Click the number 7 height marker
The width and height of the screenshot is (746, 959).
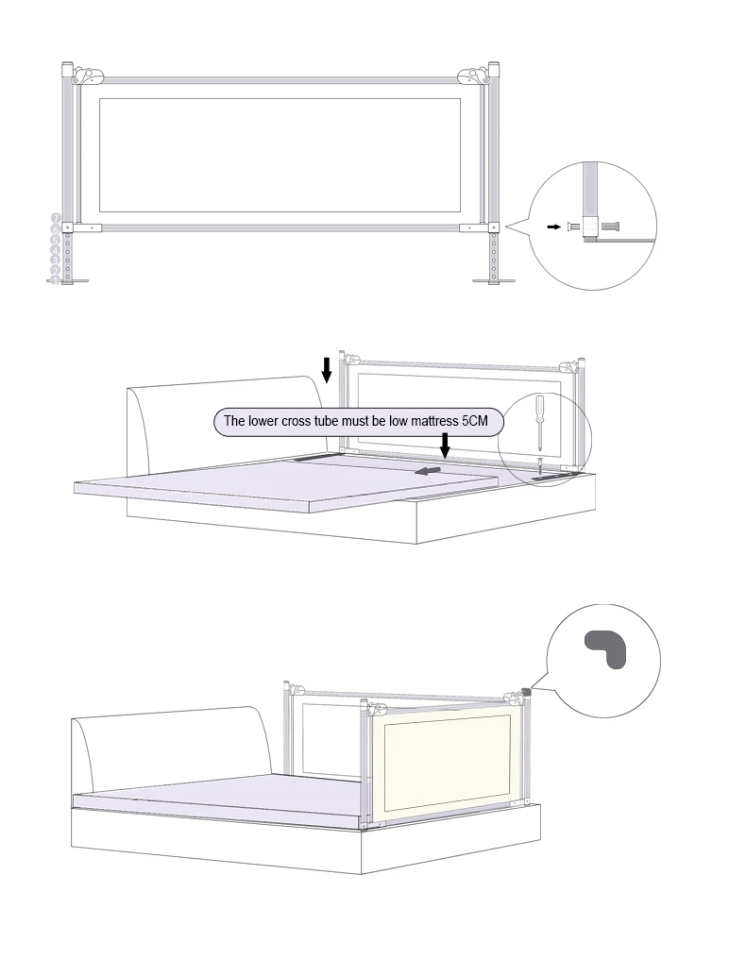pos(56,218)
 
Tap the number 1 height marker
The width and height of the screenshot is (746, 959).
pos(56,280)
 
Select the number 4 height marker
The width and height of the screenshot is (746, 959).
pos(56,249)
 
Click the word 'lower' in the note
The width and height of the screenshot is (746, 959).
pos(267,421)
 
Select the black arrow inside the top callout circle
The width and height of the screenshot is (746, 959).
pos(553,227)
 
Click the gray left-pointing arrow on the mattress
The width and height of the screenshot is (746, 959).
pos(428,470)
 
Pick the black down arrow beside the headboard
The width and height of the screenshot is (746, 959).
pos(327,368)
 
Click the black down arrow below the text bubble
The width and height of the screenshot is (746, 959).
pos(445,444)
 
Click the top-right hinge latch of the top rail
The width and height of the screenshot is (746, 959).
pos(471,74)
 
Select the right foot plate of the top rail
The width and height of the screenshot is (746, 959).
pos(493,280)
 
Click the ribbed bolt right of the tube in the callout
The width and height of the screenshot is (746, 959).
pos(610,227)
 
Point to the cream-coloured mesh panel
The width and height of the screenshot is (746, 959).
pos(443,765)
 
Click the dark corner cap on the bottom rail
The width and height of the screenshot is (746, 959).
pos(527,693)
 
